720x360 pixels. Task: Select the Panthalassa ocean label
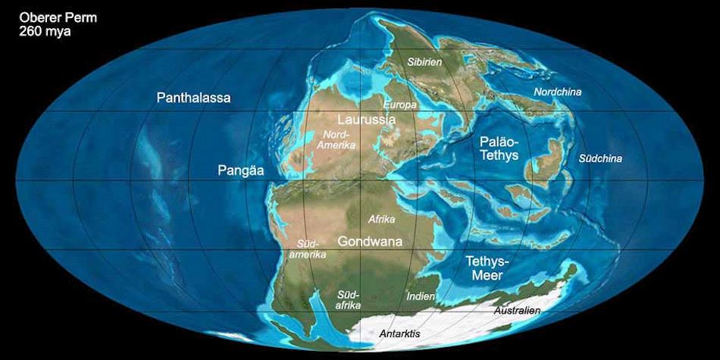[193, 98]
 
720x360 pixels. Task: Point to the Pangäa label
[240, 171]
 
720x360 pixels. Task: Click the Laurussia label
[366, 119]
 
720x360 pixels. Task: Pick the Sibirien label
[424, 61]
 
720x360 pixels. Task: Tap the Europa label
[400, 104]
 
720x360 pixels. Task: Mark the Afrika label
[382, 219]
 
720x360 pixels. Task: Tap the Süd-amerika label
[311, 249]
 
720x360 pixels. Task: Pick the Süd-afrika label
[348, 299]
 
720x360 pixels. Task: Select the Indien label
[421, 296]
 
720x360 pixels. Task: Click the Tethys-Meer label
[488, 268]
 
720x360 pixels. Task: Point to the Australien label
[517, 311]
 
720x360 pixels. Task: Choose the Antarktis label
[399, 333]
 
